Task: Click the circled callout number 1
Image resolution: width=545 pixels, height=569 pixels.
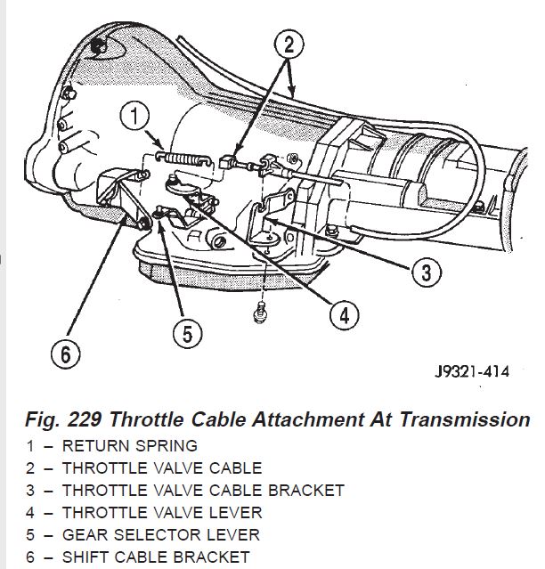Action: pos(133,117)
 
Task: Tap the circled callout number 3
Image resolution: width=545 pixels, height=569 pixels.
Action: pos(427,271)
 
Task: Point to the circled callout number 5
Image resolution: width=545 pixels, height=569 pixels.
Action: pos(186,334)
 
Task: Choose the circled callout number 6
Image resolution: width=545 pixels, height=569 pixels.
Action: pos(66,354)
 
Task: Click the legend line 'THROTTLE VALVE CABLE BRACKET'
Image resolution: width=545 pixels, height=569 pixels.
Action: pos(203,490)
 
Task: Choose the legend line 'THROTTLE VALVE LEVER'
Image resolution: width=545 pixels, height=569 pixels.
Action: pos(162,512)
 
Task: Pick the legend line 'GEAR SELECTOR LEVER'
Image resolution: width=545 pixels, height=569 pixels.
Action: pos(161,534)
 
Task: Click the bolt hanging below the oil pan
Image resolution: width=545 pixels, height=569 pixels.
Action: pos(260,312)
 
